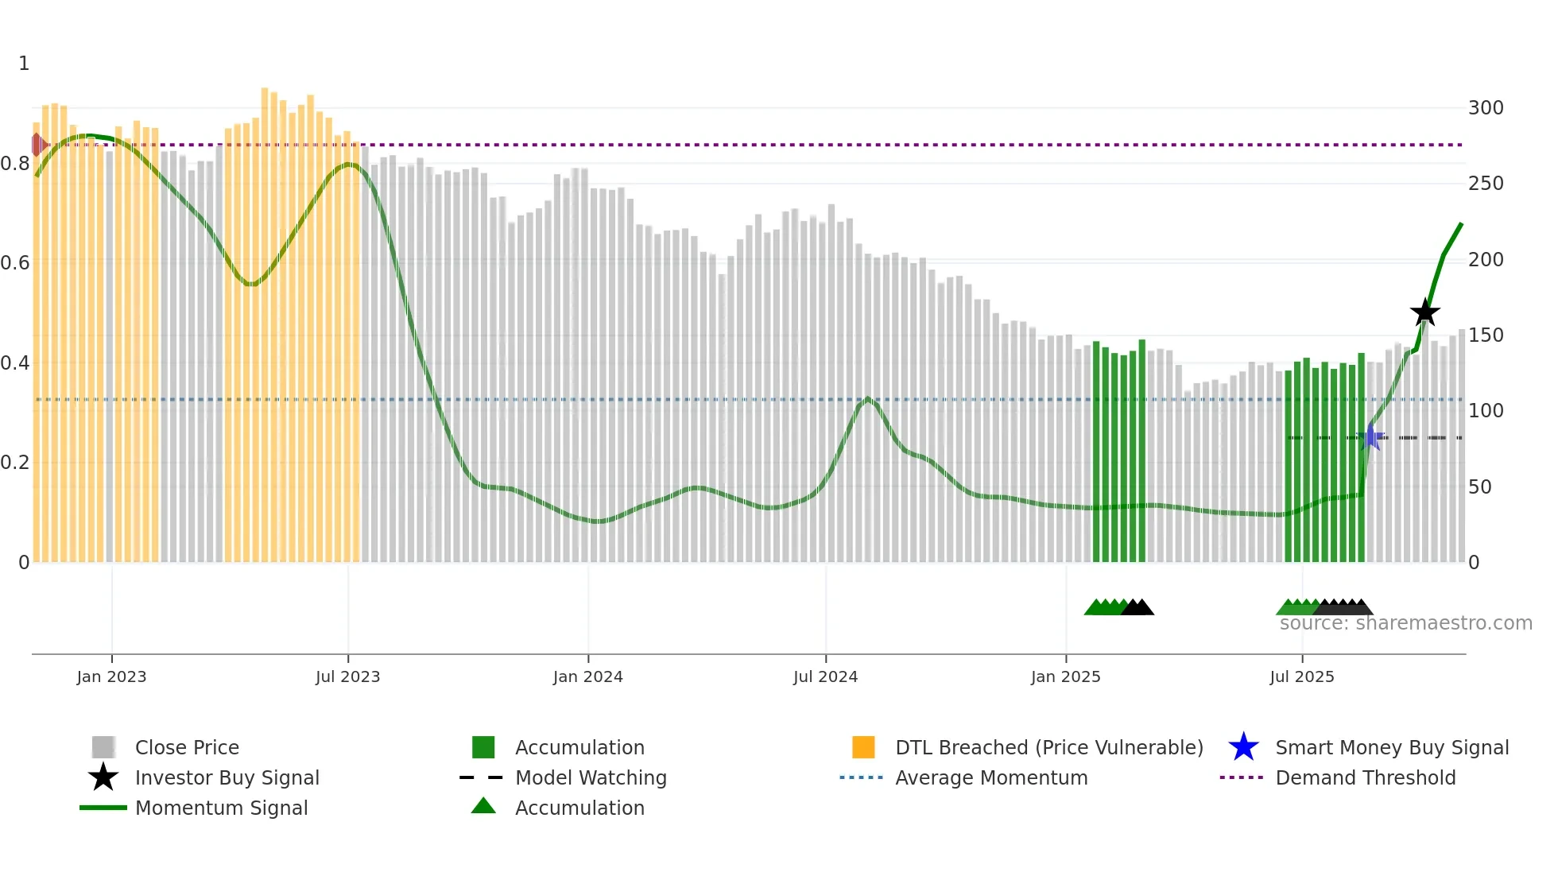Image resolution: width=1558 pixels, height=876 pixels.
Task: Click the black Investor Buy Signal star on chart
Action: [1424, 312]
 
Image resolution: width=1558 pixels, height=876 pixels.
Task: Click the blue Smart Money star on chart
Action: [1370, 437]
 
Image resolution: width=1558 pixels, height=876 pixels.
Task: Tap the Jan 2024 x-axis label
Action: [587, 676]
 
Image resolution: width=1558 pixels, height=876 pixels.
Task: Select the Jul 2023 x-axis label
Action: [347, 676]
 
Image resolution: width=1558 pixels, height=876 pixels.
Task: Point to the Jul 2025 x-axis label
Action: [1301, 676]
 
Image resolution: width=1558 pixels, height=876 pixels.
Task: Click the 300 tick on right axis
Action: [1485, 107]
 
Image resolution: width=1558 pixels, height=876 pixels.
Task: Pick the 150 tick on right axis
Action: [1485, 335]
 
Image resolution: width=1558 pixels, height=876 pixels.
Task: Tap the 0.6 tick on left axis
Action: [15, 263]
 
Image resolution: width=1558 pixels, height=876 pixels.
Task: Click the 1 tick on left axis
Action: [24, 64]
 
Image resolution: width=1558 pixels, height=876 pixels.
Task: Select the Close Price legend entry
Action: [186, 747]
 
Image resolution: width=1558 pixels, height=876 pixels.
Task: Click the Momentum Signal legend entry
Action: [221, 808]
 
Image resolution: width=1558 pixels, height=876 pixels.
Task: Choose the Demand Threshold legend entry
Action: [1365, 777]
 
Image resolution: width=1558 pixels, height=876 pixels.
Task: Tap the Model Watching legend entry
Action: [590, 777]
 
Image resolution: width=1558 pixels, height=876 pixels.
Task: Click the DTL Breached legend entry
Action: [1048, 747]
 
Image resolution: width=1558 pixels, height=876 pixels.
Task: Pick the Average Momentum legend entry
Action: [990, 777]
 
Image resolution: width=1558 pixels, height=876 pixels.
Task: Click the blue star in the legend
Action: [1243, 747]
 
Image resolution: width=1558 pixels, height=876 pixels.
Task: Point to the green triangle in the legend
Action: [483, 806]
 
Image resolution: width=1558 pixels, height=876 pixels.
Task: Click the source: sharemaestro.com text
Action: [1405, 623]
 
